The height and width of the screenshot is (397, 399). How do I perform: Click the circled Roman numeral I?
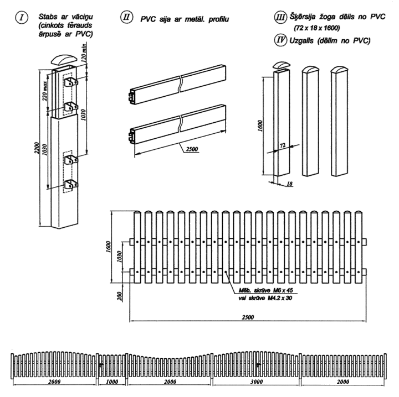(22, 18)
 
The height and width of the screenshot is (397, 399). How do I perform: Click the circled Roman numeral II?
(126, 17)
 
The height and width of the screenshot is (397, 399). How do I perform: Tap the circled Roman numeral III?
(280, 17)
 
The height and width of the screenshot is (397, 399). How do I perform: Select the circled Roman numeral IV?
(280, 40)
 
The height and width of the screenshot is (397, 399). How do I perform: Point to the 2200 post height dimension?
(37, 148)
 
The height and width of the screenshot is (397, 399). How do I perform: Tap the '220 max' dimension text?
(45, 91)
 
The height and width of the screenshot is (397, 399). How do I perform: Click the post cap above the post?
(63, 59)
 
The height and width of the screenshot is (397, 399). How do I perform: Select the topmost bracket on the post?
(71, 82)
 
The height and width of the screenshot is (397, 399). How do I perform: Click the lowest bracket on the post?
(71, 184)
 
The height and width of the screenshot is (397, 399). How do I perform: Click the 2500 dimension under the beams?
(192, 149)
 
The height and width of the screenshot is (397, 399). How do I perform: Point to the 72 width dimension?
(283, 146)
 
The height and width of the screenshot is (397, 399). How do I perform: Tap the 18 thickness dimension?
(289, 184)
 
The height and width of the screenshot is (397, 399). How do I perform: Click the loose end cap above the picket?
(281, 65)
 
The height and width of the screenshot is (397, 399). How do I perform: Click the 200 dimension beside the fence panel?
(120, 296)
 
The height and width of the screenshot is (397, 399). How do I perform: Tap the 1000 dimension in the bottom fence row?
(112, 382)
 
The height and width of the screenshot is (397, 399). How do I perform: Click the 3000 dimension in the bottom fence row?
(257, 382)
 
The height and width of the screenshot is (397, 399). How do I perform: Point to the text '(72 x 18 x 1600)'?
(317, 28)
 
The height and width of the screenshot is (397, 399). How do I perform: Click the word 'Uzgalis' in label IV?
(301, 40)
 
